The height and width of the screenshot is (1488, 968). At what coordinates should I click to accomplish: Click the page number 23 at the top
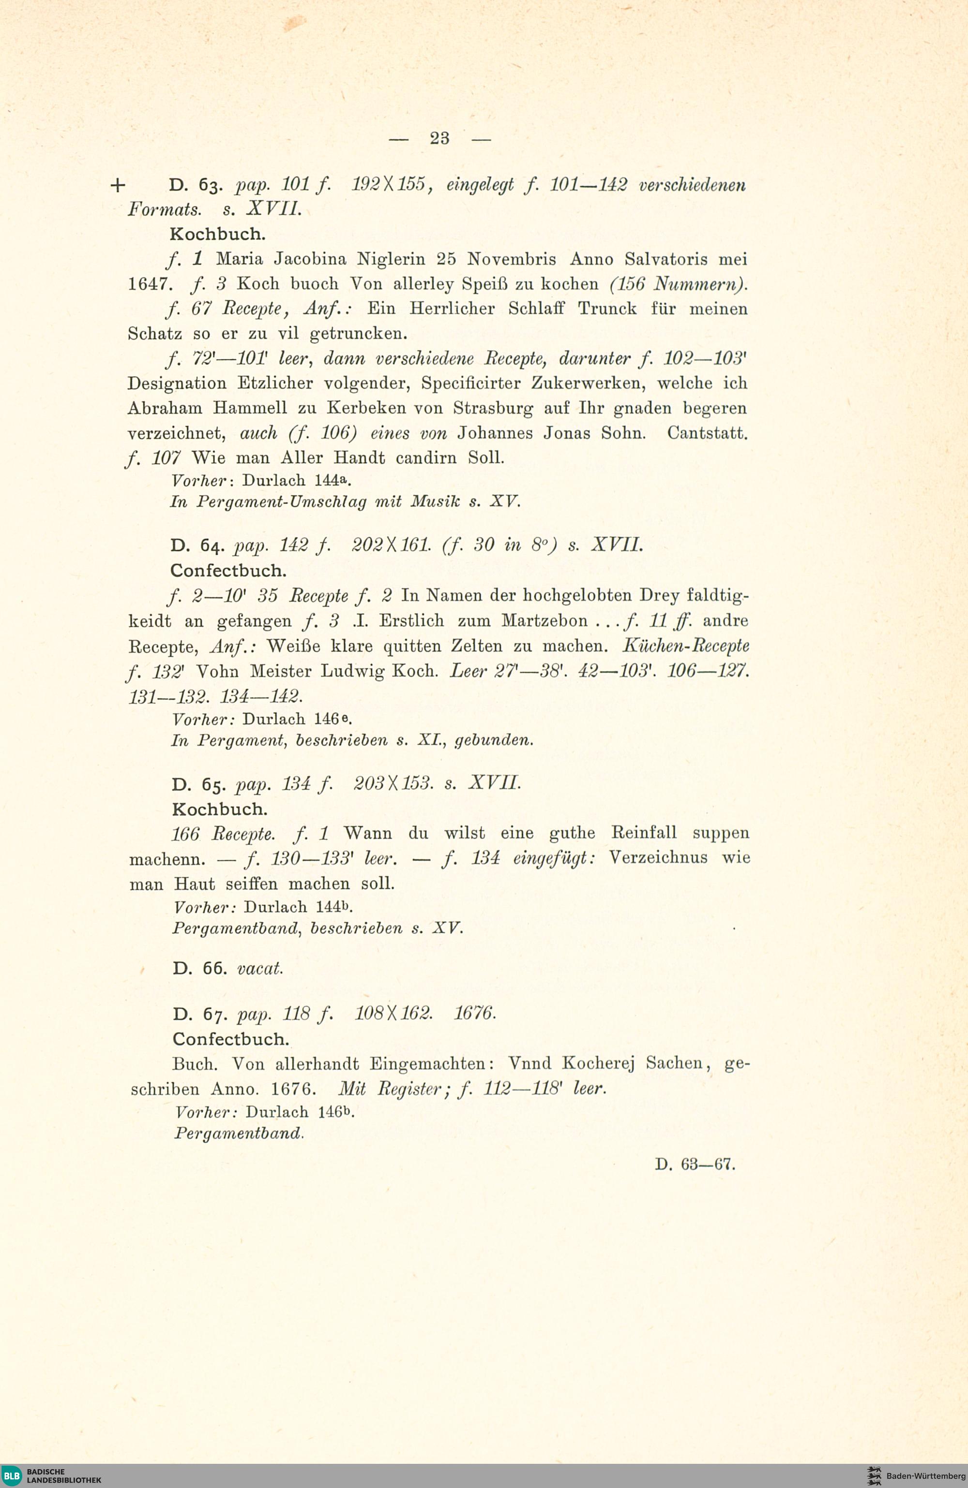[x=439, y=137]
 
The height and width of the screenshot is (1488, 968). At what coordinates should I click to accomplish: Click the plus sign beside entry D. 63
[x=118, y=185]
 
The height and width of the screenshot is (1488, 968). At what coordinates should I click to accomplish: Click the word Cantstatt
[x=707, y=433]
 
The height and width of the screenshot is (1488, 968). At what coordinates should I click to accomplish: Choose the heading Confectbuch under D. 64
[x=228, y=571]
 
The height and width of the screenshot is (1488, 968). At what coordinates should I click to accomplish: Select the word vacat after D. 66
[x=260, y=969]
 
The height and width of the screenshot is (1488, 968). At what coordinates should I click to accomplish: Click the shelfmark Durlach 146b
[x=300, y=1112]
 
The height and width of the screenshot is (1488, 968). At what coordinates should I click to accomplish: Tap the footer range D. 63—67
[x=695, y=1164]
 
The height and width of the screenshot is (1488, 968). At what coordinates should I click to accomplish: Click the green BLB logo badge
[x=13, y=1476]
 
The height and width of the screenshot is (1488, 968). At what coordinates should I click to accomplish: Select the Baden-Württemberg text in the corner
[x=925, y=1476]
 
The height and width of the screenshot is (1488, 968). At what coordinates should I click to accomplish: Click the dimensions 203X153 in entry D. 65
[x=393, y=783]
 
